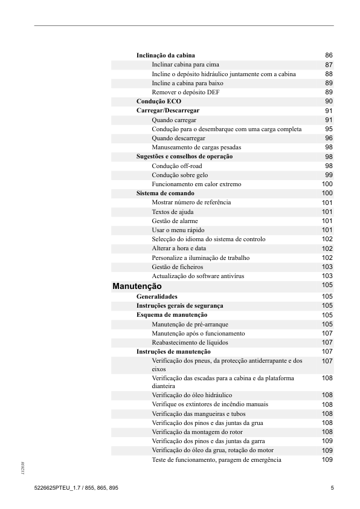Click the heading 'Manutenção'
tap(137, 285)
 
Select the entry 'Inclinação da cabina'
tap(166, 55)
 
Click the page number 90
tap(329, 102)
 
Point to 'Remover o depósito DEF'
tap(185, 92)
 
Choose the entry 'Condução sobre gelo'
tap(180, 175)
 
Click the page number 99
tap(329, 175)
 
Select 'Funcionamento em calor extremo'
tap(196, 184)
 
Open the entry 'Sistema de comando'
tap(166, 193)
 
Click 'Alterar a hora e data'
tap(179, 248)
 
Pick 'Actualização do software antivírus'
tap(198, 276)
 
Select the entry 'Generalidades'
tap(157, 297)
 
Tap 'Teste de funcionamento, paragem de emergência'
tap(216, 460)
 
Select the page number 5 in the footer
tap(332, 488)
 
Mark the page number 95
tap(329, 129)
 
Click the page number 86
tap(329, 56)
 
